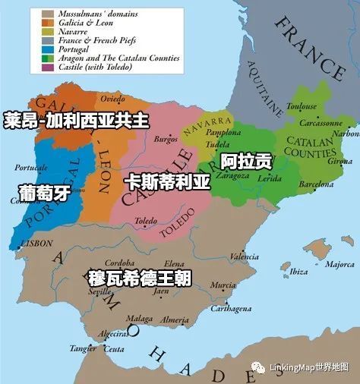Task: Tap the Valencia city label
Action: pyautogui.click(x=244, y=257)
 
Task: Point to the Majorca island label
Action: pyautogui.click(x=339, y=265)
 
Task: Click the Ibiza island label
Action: pyautogui.click(x=298, y=272)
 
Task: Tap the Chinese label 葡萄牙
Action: pyautogui.click(x=46, y=193)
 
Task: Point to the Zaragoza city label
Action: pyautogui.click(x=234, y=175)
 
